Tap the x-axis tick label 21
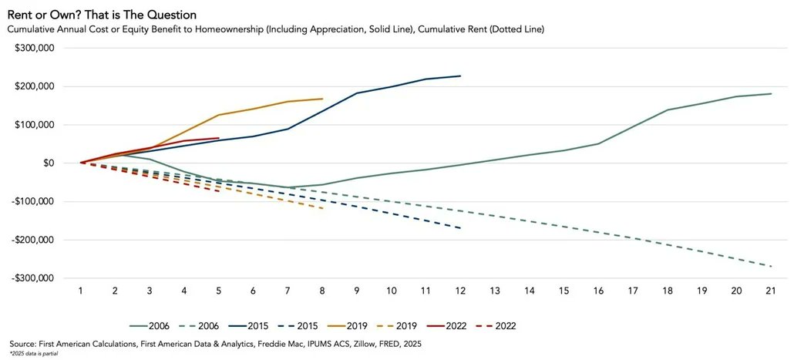coord(770,291)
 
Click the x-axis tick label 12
coord(460,291)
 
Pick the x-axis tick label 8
coord(322,291)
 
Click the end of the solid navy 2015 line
coord(460,76)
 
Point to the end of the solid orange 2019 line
coord(322,99)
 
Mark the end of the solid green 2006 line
coord(771,94)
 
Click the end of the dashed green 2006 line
coord(771,267)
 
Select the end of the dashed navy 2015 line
coord(460,228)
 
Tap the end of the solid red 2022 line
coord(219,138)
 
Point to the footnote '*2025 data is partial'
coord(34,354)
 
